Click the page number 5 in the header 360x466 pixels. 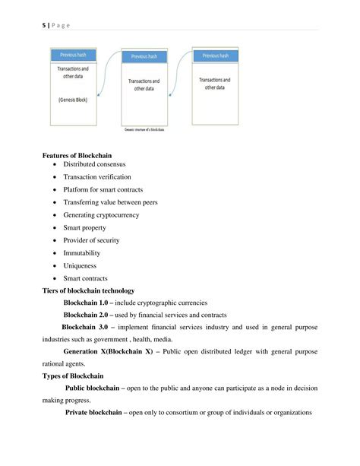click(43, 25)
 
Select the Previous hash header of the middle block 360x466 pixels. click(145, 56)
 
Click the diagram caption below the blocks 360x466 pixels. click(145, 130)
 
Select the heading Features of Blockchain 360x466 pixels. click(78, 156)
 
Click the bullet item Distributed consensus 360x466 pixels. click(94, 164)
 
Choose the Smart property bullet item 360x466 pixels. click(85, 227)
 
